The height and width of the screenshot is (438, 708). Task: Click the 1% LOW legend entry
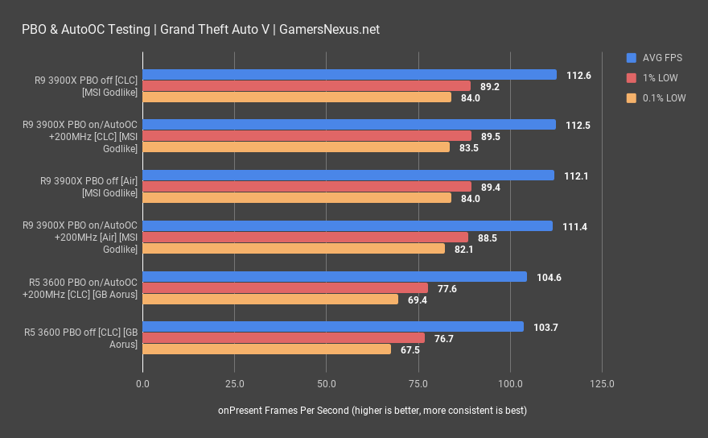(x=657, y=78)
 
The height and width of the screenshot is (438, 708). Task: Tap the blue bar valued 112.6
(x=349, y=75)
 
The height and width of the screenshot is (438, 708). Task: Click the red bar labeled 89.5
(x=307, y=136)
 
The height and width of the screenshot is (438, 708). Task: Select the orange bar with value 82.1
(x=294, y=249)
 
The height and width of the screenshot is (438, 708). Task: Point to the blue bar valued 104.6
(x=335, y=276)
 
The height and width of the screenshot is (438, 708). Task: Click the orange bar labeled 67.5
(x=266, y=349)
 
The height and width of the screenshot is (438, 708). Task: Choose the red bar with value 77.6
(x=285, y=287)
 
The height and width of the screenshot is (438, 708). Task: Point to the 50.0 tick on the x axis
(x=326, y=384)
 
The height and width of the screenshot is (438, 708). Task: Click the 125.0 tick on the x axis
(x=602, y=384)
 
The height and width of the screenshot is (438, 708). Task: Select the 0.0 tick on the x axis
(x=143, y=384)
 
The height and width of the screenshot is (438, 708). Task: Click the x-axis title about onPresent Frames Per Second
(x=372, y=411)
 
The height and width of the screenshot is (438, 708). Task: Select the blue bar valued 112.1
(x=348, y=176)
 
